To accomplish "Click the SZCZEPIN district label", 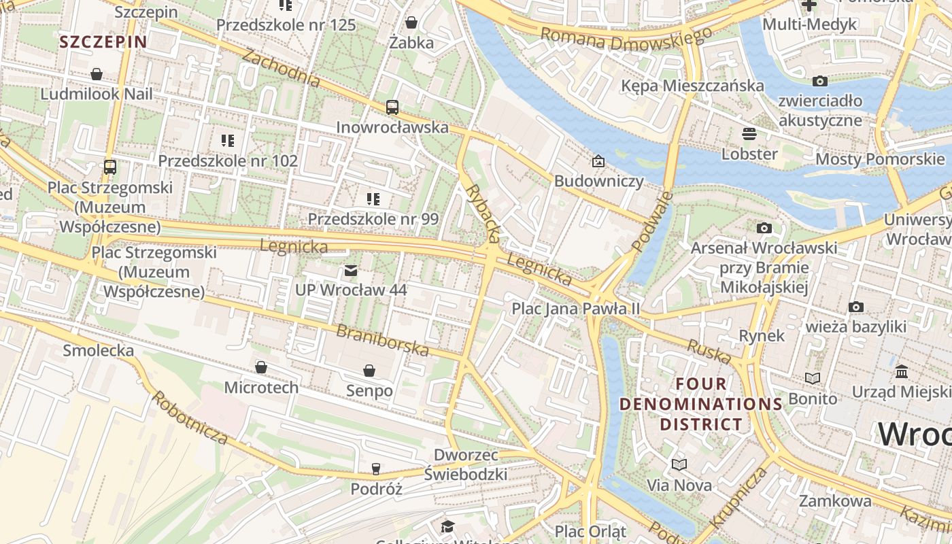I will [x=103, y=41].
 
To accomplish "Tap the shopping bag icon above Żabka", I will [x=411, y=23].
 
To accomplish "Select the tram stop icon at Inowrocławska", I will [x=392, y=107].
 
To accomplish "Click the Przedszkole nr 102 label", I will [x=228, y=161].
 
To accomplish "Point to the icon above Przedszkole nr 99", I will [x=373, y=199].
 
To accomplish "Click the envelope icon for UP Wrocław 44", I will [x=351, y=271].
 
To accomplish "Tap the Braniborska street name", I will [x=383, y=340].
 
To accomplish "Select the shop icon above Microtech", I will [x=261, y=368].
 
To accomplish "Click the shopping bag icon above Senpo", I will [x=369, y=371].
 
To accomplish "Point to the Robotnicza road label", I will [x=190, y=417].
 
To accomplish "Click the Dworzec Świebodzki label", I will [x=466, y=464].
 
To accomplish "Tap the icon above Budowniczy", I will [x=598, y=161].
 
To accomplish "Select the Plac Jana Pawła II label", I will [x=576, y=309].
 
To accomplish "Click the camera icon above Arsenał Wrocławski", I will [x=764, y=228].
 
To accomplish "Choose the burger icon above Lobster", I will [x=749, y=134].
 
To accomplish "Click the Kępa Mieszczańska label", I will [x=692, y=86].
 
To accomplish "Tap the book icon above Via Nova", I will [x=679, y=465].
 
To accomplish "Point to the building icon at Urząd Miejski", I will [x=902, y=372].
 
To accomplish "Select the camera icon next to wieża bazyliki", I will [x=856, y=307].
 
